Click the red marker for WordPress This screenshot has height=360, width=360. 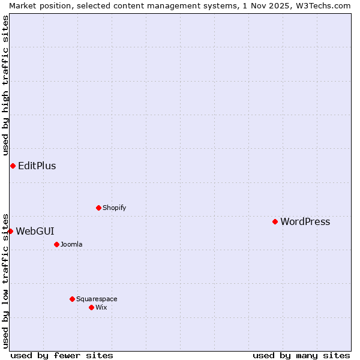(x=275, y=222)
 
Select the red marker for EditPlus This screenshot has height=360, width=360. (x=13, y=166)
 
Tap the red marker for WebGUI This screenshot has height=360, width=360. (x=10, y=231)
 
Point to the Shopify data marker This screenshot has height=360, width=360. (x=98, y=208)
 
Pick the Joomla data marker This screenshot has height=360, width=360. (x=56, y=244)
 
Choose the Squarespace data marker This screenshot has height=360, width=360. (x=72, y=299)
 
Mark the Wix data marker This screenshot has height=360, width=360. (x=91, y=307)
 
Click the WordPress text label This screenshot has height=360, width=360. (x=305, y=222)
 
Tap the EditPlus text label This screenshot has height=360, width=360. (x=37, y=166)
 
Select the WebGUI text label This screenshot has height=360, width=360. (x=35, y=232)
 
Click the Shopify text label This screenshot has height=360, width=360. (x=114, y=208)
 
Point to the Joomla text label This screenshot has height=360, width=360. (x=71, y=245)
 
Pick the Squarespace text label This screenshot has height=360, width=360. (x=97, y=299)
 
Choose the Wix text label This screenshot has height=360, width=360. (x=101, y=308)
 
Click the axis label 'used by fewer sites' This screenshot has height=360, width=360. (x=62, y=355)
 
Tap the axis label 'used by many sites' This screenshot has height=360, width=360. (x=301, y=355)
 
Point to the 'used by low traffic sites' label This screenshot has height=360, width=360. (x=6, y=281)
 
